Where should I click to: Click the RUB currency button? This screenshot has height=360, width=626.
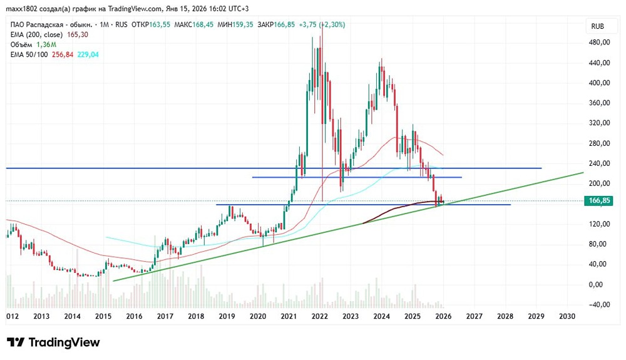[597, 26]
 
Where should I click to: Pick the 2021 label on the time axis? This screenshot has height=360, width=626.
[289, 317]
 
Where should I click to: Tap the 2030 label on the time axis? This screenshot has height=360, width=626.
[567, 317]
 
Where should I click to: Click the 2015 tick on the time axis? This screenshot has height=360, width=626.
[103, 317]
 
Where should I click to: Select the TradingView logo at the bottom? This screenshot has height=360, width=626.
[54, 342]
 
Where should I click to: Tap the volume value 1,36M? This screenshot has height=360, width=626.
[46, 44]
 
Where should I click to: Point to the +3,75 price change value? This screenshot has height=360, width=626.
[304, 25]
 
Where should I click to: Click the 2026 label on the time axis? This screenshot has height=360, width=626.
[443, 317]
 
